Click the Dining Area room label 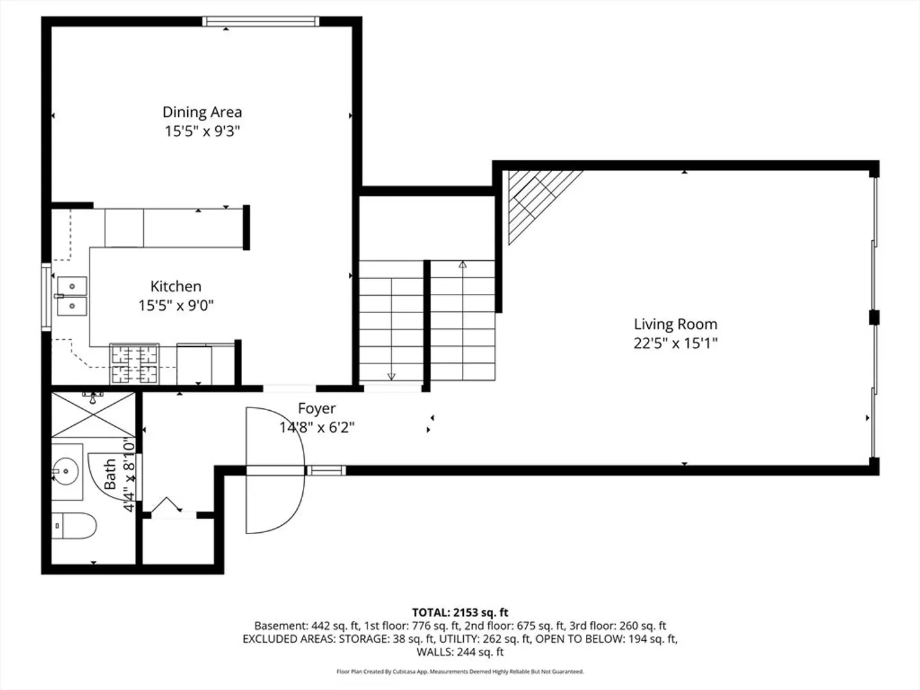[x=202, y=112]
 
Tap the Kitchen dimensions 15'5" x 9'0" [x=176, y=305]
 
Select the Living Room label [x=675, y=325]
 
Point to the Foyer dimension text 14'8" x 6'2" [x=317, y=428]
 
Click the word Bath [x=110, y=474]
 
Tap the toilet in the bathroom [x=73, y=525]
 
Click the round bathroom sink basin [x=66, y=471]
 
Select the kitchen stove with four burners [x=134, y=364]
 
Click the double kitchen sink [x=72, y=296]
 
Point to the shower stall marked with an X [x=93, y=415]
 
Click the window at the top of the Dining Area [x=261, y=21]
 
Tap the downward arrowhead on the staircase [x=391, y=377]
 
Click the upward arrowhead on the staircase [x=463, y=264]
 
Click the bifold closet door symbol [x=166, y=505]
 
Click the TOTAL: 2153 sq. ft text [x=460, y=613]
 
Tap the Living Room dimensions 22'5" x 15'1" [x=675, y=344]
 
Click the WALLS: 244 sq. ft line [x=460, y=652]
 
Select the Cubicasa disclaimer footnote [x=460, y=671]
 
